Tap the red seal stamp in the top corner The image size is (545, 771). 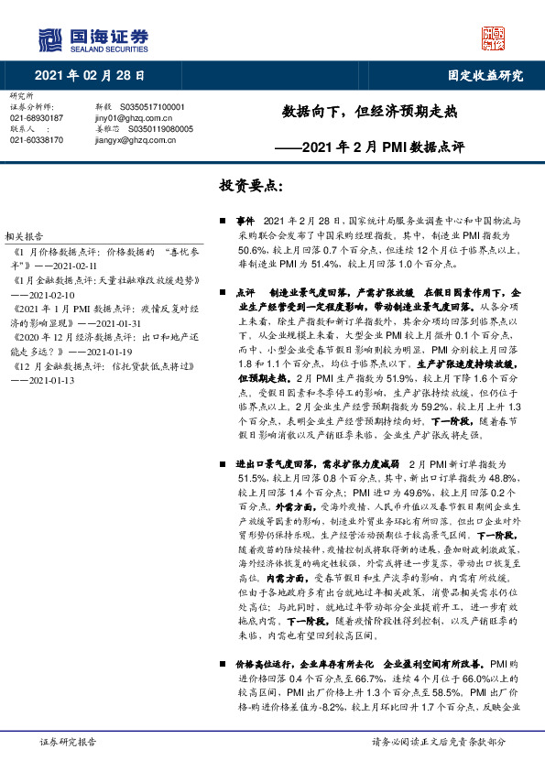(x=493, y=38)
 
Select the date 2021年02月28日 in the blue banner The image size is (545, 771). (x=90, y=75)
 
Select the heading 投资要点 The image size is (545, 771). (x=251, y=185)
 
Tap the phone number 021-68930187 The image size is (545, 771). (x=37, y=118)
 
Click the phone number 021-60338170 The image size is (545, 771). (x=37, y=140)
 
